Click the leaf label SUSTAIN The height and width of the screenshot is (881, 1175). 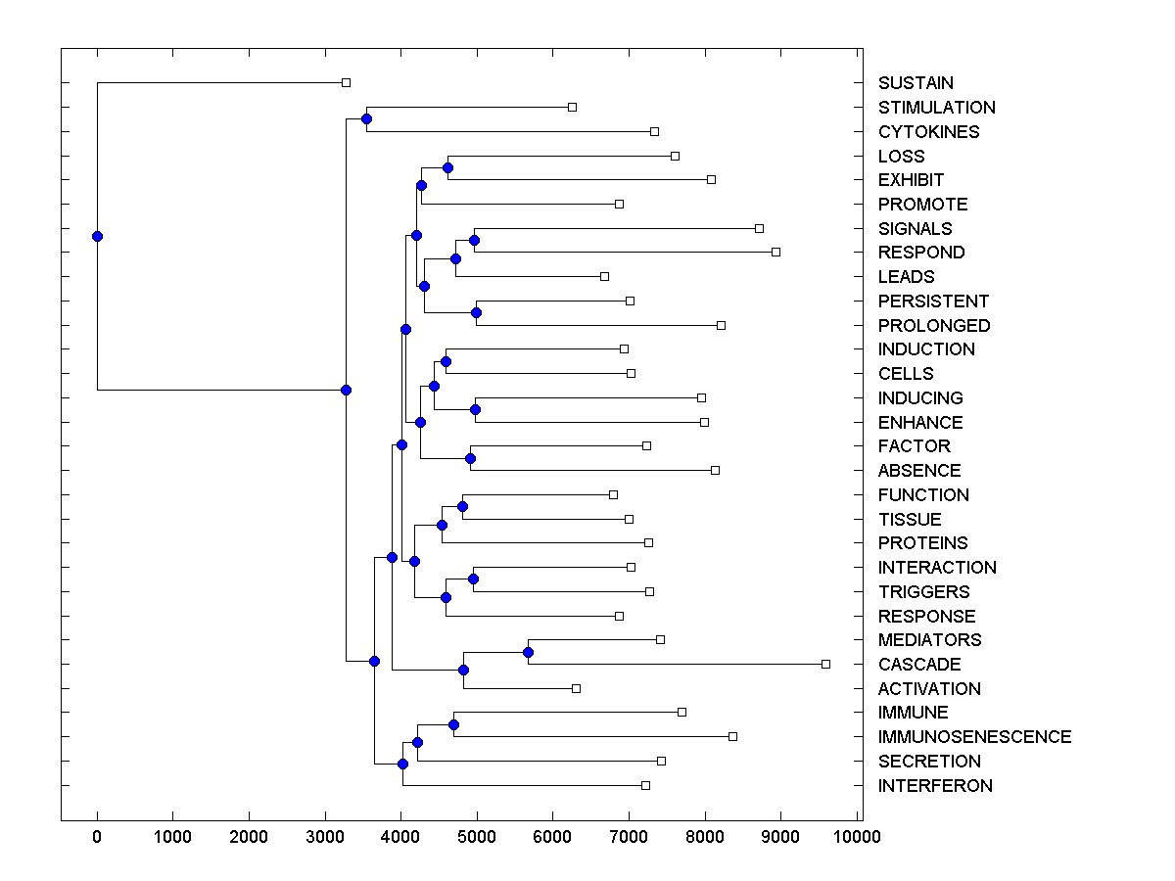pyautogui.click(x=916, y=83)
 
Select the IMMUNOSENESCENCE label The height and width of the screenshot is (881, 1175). pyautogui.click(x=974, y=737)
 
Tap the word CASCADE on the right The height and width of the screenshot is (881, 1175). pyautogui.click(x=919, y=665)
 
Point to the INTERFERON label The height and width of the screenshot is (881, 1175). pyautogui.click(x=935, y=786)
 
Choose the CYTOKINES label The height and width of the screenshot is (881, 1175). pyautogui.click(x=928, y=132)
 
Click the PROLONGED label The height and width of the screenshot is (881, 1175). pyautogui.click(x=934, y=326)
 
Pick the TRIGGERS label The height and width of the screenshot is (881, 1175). pyautogui.click(x=923, y=592)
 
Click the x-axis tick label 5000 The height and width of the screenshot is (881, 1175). pyautogui.click(x=476, y=836)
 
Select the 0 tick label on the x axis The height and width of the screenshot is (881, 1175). pyautogui.click(x=97, y=836)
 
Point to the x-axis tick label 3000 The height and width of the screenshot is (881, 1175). pyautogui.click(x=324, y=836)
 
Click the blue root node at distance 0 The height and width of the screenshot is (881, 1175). pyautogui.click(x=97, y=236)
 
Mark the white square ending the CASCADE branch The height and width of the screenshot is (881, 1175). pyautogui.click(x=825, y=664)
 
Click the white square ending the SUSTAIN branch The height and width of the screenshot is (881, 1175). pyautogui.click(x=346, y=83)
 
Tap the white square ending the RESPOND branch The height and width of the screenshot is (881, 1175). pyautogui.click(x=775, y=252)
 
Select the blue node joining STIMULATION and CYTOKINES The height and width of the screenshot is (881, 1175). pyautogui.click(x=366, y=119)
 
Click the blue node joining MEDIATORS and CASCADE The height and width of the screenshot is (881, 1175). pyautogui.click(x=528, y=652)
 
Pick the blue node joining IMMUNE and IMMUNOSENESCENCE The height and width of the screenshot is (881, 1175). pyautogui.click(x=453, y=724)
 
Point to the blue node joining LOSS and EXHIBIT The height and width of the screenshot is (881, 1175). pyautogui.click(x=447, y=168)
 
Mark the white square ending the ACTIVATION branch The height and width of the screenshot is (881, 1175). pyautogui.click(x=576, y=688)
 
